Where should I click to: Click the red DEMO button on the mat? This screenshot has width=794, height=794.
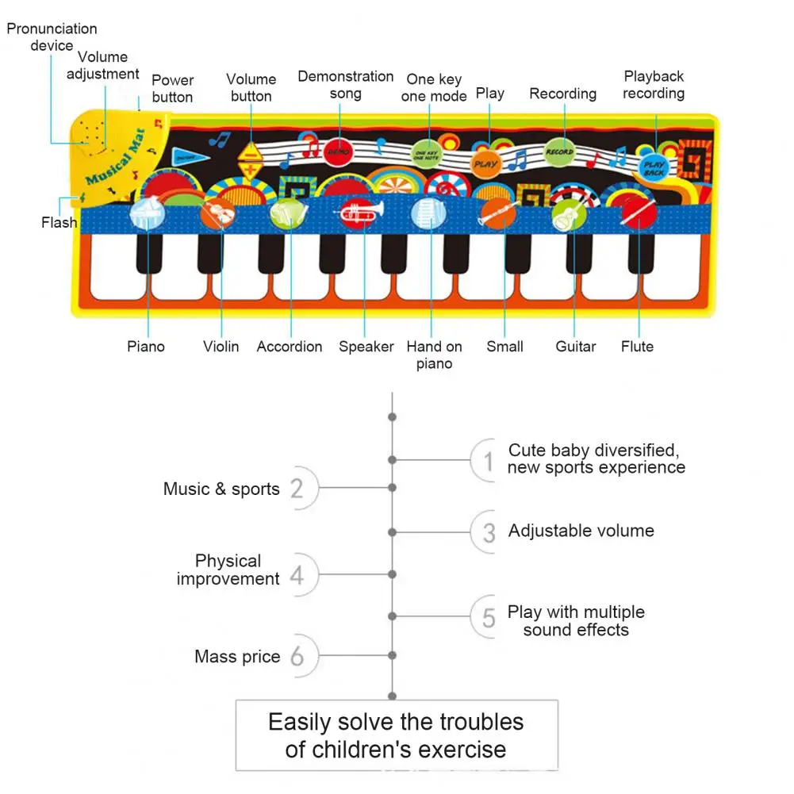pos(338,151)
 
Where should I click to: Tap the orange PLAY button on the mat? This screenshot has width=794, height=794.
pos(485,164)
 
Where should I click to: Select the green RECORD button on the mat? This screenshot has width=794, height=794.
pos(558,152)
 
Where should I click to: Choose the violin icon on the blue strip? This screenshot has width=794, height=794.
pos(217,213)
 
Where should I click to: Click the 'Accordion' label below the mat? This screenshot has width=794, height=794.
pos(290,347)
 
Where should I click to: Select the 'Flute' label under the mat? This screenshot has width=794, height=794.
pos(637,347)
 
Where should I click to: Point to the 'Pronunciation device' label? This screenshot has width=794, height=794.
pos(52,37)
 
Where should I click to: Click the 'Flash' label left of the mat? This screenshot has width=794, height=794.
pos(59,223)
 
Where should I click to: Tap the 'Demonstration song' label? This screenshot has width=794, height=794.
pos(346,85)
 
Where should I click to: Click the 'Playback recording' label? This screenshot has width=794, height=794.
pos(654,85)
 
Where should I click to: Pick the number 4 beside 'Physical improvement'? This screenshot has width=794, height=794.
pos(297,575)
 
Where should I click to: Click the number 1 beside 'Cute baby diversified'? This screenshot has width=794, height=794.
pos(489,461)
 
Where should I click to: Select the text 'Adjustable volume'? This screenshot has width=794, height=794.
pos(581,531)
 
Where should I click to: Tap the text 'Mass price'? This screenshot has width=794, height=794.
pos(237,657)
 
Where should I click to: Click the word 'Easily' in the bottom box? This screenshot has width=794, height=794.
pos(299,722)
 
